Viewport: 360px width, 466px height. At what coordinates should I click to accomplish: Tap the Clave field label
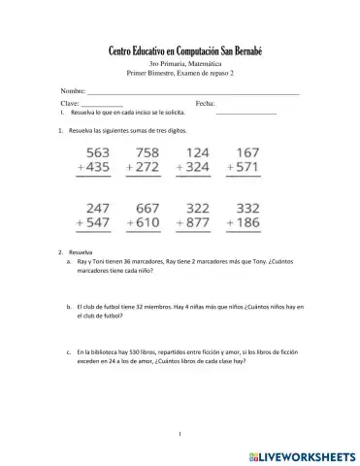tap(70, 102)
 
